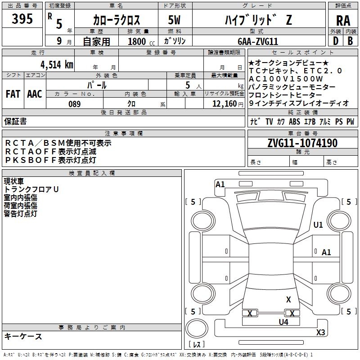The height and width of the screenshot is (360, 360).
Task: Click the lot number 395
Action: point(22,19)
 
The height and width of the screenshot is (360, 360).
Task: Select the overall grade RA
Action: point(343,20)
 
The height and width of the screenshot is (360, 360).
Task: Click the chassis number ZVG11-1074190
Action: point(302,143)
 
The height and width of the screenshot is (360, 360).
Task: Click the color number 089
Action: point(74,104)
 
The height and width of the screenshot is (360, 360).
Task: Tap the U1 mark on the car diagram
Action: point(318,225)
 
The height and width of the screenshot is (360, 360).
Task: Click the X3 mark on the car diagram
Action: point(320,332)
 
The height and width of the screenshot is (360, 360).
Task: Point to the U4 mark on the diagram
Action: point(283,322)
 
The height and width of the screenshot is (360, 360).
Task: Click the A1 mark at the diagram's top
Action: point(220,184)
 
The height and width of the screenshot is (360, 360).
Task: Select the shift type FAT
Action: point(13,94)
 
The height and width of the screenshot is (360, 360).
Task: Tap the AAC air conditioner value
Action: point(35,94)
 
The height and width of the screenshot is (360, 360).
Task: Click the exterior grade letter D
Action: point(335,41)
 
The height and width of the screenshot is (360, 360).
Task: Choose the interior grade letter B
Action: point(350,41)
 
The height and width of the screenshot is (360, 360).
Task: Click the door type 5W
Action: point(175,20)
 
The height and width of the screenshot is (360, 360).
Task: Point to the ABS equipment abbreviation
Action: point(294,121)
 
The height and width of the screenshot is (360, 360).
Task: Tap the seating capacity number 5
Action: point(187,85)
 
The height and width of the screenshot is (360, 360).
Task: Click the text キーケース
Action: point(23,336)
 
